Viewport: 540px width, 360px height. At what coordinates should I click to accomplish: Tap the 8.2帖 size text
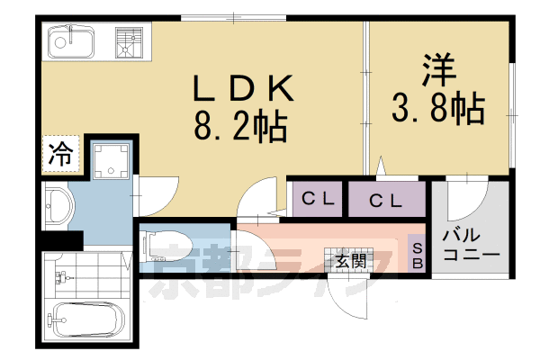(240, 127)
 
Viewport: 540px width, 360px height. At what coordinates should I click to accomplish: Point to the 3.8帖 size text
(438, 110)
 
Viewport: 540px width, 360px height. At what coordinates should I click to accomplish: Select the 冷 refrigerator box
(59, 153)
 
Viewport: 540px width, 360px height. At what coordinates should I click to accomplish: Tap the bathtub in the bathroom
(85, 320)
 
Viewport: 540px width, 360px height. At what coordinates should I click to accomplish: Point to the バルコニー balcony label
(469, 244)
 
